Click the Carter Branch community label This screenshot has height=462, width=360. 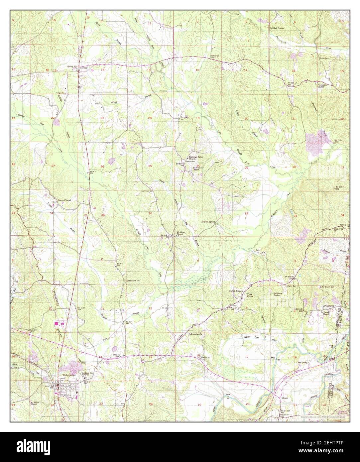point(236,290)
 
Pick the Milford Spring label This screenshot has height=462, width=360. point(208,221)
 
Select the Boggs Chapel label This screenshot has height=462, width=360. point(64,200)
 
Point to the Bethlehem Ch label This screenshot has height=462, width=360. point(134,280)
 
